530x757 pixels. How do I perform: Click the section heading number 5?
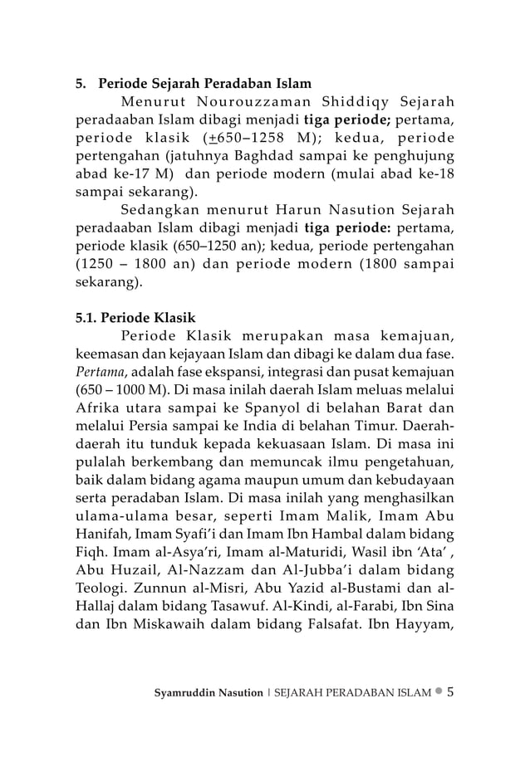click(x=81, y=84)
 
